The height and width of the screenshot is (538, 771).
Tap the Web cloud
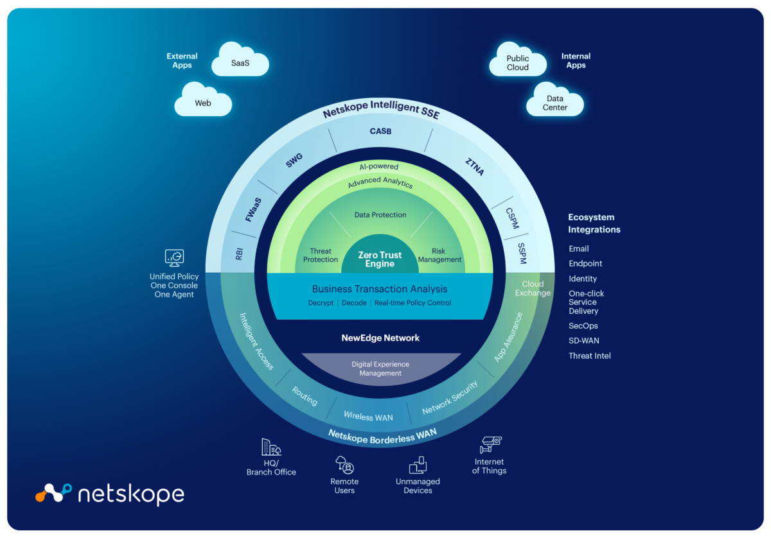coord(203,103)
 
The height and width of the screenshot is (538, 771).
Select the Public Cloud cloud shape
coord(518,63)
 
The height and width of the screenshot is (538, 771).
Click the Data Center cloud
coord(555,103)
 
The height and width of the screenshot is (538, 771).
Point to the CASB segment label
coord(380,132)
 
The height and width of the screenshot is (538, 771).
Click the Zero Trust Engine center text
coord(380,259)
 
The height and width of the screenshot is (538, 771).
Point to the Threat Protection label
coord(320,256)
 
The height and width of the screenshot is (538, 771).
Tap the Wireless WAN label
coord(368,416)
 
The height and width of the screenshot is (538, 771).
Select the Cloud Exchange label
coord(533,288)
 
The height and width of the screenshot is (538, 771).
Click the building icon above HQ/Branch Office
coord(270,447)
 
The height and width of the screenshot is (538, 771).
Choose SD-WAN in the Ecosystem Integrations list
coord(583,341)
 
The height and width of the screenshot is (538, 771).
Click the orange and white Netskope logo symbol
coord(53,493)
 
